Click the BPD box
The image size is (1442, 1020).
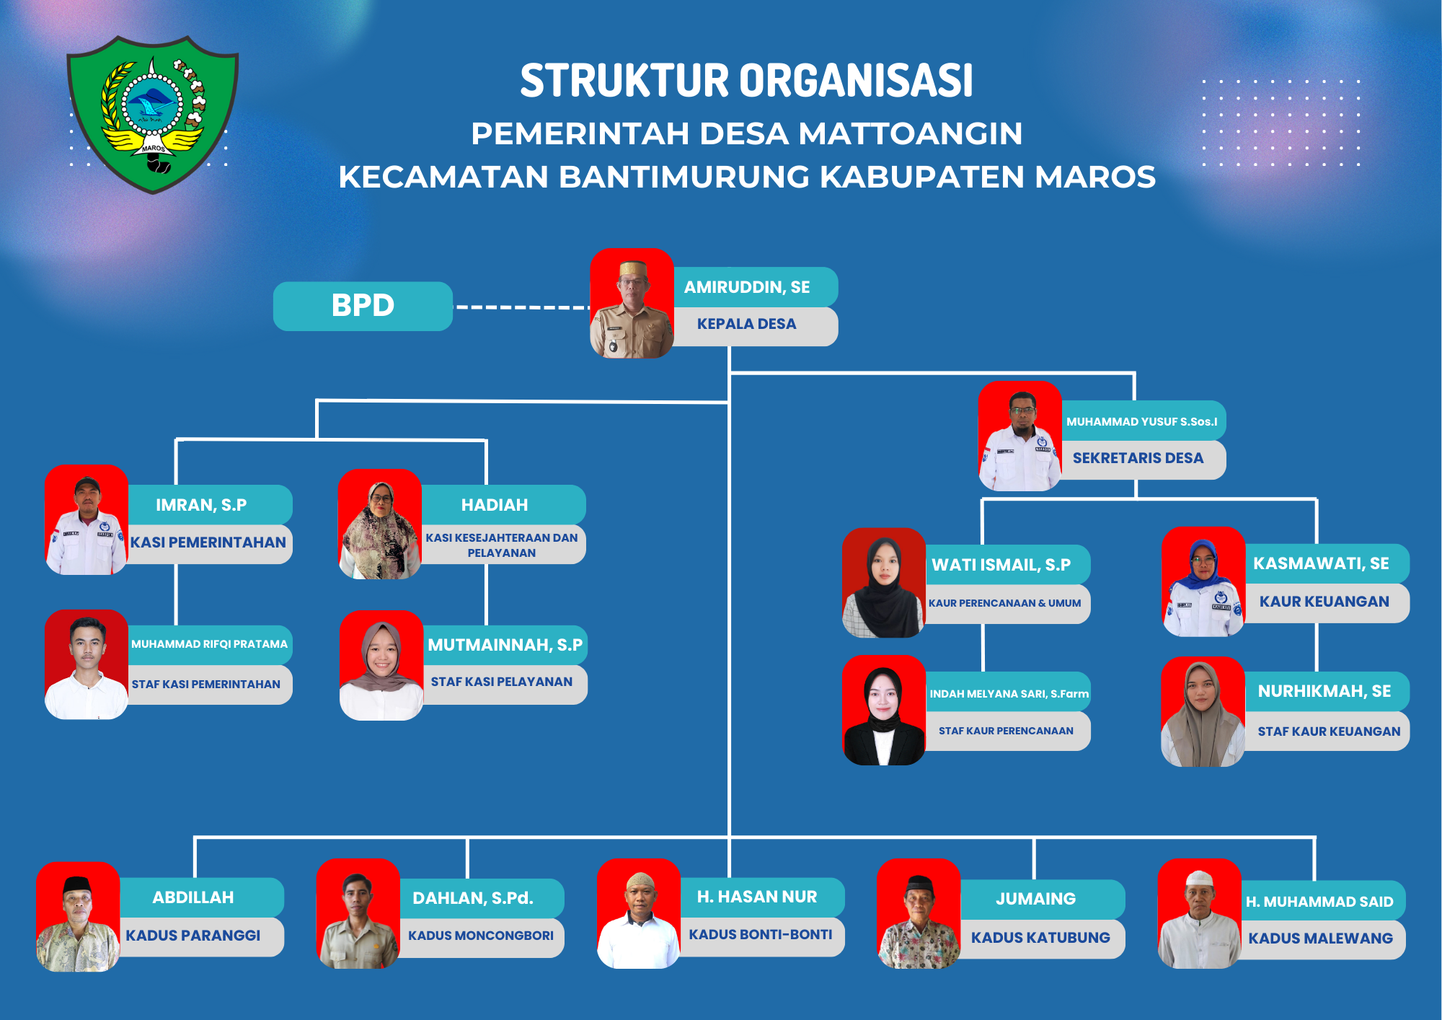[363, 306]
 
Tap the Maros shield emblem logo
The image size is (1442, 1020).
[152, 113]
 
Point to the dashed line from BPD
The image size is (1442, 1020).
[522, 307]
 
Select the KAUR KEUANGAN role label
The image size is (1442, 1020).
[1324, 602]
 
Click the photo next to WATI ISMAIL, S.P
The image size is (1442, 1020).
[884, 583]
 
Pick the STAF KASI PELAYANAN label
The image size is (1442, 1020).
[503, 682]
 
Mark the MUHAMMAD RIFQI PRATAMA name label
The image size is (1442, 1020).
[209, 644]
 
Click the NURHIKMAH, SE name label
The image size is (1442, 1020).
[1324, 691]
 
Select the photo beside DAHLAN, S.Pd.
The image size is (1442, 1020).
[358, 914]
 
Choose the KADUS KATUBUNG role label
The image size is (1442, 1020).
[1040, 938]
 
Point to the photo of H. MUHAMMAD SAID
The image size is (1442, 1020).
[1199, 914]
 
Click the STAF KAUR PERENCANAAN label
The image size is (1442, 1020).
[1007, 731]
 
